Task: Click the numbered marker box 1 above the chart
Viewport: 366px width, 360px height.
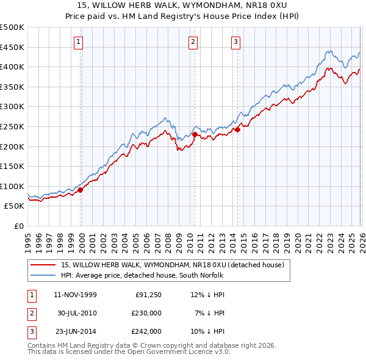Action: tap(80, 42)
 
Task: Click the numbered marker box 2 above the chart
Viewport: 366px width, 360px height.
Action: tap(193, 42)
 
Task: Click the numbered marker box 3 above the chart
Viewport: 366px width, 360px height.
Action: tap(235, 42)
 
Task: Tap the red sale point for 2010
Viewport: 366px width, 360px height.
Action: tap(195, 134)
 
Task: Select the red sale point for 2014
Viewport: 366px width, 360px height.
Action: tap(237, 129)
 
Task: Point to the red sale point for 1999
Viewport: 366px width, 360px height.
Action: tap(81, 190)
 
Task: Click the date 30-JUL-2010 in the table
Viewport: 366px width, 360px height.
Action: tap(77, 313)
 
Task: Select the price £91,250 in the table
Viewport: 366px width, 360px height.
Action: tap(148, 295)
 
